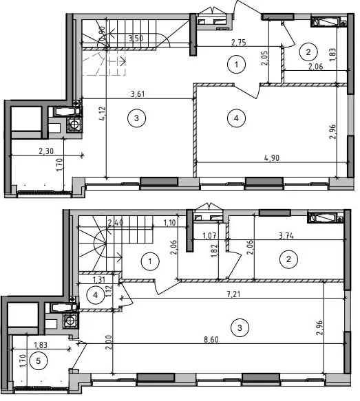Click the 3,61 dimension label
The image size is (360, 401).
pos(138,94)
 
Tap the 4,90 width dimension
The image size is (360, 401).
pos(272,158)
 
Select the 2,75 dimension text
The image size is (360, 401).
pos(239,42)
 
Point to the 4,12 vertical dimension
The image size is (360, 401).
pos(103,113)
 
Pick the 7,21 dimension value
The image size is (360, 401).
pos(234,294)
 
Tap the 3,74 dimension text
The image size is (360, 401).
pos(286,235)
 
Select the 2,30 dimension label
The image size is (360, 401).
pos(46,151)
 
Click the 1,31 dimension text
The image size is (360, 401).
pos(98,279)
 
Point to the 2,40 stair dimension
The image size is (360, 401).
pos(116,222)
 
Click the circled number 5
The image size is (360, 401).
pos(39,361)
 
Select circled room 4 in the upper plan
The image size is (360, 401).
pos(236,118)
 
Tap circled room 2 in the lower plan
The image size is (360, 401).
pos(288,259)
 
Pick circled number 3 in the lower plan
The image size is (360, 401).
pos(240,327)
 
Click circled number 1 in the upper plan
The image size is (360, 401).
pos(236,65)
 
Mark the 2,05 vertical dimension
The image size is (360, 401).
pos(264,58)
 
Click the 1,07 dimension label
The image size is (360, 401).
pos(209,235)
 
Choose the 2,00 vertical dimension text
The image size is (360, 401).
pos(109,342)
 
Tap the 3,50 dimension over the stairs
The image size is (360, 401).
pos(136,39)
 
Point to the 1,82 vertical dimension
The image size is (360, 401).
pos(214,250)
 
